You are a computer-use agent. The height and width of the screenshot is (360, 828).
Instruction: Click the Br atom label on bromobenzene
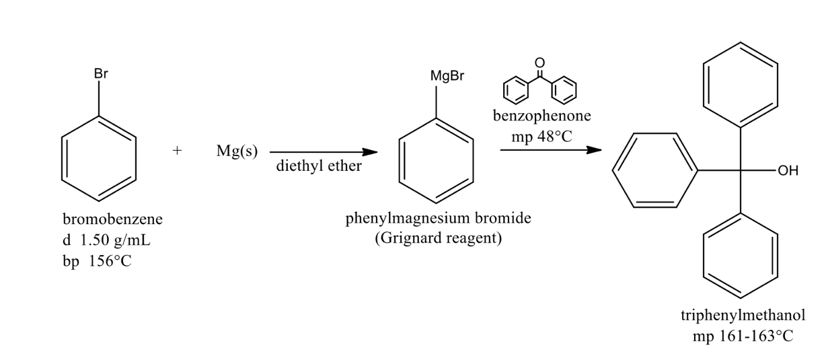click(x=101, y=74)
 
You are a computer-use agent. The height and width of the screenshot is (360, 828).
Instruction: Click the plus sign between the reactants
click(x=177, y=152)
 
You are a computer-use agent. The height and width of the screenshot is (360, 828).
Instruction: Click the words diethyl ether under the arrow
click(x=319, y=167)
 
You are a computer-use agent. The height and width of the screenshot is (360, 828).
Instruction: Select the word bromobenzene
click(x=112, y=219)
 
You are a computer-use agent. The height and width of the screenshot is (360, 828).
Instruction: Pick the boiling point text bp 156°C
click(x=97, y=261)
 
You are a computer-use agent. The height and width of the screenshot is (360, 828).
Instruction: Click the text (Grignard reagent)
click(x=438, y=239)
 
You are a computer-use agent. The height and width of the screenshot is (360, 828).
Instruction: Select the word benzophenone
click(x=542, y=116)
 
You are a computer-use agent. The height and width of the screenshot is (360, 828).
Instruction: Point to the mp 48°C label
click(x=541, y=135)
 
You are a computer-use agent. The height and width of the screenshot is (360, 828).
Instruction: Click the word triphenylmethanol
click(x=743, y=316)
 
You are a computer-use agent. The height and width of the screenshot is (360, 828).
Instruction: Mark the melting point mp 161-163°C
click(x=743, y=336)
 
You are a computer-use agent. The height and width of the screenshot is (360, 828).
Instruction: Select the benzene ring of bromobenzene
click(x=99, y=159)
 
